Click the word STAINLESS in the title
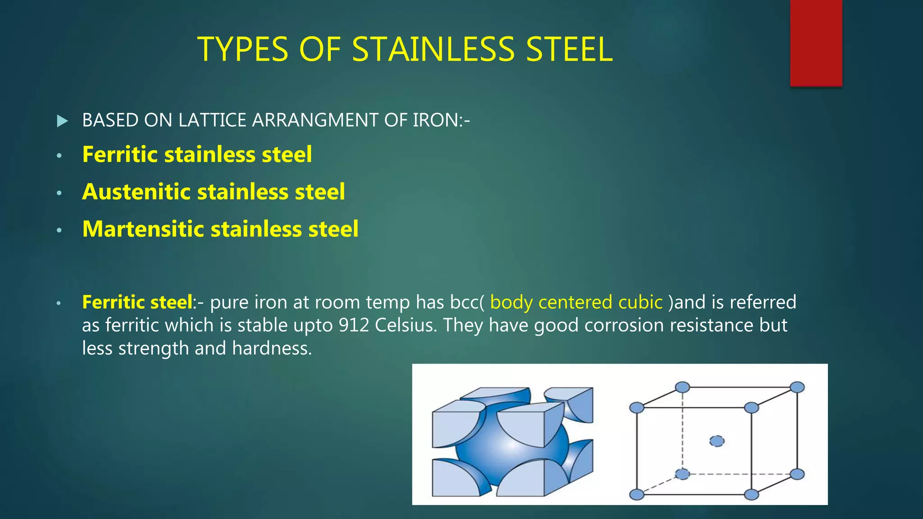click(433, 49)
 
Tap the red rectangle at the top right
click(816, 43)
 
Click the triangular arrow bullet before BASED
click(63, 121)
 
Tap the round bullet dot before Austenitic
click(59, 193)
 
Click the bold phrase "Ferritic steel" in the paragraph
click(137, 302)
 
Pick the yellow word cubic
click(640, 302)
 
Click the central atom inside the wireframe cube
click(717, 441)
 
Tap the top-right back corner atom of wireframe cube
click(797, 387)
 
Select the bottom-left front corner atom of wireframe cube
click(636, 495)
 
